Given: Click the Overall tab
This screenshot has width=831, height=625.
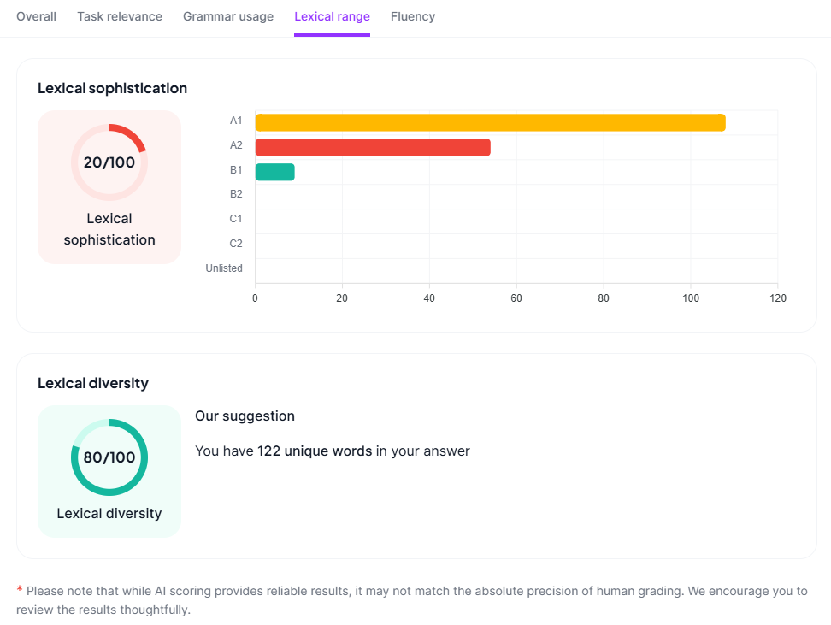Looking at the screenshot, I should [36, 16].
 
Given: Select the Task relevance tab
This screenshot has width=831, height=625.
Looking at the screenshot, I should [120, 16].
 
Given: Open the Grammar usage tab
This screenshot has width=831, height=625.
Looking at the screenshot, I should [228, 16].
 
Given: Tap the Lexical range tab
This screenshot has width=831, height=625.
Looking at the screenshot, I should [332, 16].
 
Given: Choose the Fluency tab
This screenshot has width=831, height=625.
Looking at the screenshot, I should [413, 16].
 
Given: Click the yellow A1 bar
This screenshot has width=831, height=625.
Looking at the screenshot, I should [490, 122].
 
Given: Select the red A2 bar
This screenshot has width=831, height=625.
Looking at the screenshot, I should [373, 147].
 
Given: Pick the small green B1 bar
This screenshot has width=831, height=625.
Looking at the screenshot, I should [274, 172].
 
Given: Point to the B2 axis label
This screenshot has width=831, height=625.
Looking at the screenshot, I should [236, 194].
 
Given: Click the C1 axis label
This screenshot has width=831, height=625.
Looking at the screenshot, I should [236, 219].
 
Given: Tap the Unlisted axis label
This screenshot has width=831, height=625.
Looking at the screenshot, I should [224, 268].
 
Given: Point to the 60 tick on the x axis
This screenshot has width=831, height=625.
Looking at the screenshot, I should [516, 298].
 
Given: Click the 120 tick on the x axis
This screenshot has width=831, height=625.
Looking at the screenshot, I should [777, 298].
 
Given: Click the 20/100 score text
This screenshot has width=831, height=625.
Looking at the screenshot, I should [109, 162].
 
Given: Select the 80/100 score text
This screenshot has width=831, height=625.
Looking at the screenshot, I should [109, 457].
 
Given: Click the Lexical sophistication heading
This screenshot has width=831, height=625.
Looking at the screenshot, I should [112, 88].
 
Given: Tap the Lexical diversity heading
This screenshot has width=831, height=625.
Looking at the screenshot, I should [93, 383].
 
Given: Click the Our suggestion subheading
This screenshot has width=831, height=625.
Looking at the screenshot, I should [245, 416].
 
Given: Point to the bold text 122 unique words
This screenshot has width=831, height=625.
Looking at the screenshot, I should [315, 451].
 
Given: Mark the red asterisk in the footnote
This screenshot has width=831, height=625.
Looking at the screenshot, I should [20, 590].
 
